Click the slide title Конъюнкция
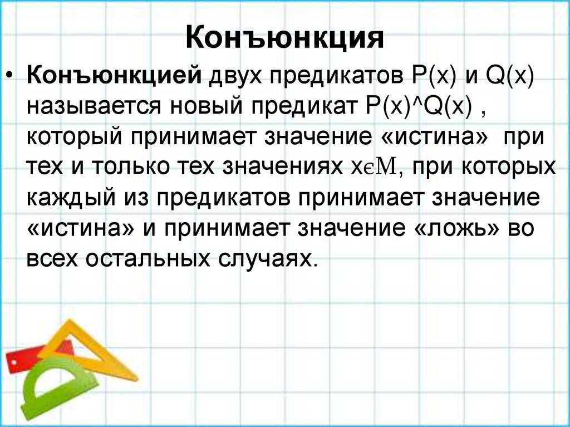coord(284,38)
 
